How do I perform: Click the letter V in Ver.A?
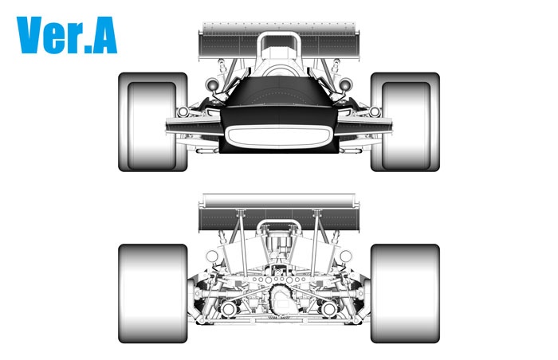pos(30,35)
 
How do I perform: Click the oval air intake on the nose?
pos(279,136)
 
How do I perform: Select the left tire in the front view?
pos(153,122)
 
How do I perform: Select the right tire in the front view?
pos(405,122)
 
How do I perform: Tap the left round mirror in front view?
pos(212,84)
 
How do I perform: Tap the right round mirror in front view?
pos(345,84)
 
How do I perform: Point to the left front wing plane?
pos(194,127)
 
